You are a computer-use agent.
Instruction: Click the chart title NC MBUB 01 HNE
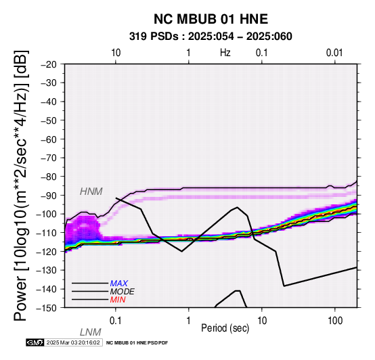(x=211, y=19)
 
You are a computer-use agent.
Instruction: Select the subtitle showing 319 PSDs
(x=211, y=37)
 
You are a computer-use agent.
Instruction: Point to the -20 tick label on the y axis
(x=49, y=64)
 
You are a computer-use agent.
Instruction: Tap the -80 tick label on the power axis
(x=49, y=177)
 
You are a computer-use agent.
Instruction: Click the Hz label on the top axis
(x=225, y=53)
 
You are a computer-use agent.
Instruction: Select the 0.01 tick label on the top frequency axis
(x=334, y=53)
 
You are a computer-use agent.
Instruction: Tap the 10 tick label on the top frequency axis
(x=116, y=53)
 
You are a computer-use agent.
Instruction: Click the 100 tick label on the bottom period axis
(x=335, y=321)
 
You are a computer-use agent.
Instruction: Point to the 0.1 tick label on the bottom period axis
(x=116, y=321)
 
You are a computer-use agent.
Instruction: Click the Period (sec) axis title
(x=225, y=328)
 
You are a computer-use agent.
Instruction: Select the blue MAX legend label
(x=118, y=284)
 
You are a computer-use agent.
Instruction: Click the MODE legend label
(x=122, y=292)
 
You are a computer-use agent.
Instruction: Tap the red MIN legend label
(x=118, y=300)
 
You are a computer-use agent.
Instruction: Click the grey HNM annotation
(x=91, y=192)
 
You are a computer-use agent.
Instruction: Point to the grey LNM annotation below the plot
(x=91, y=332)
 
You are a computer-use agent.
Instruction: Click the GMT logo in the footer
(x=35, y=342)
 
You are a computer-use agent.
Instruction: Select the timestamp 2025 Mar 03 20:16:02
(x=73, y=342)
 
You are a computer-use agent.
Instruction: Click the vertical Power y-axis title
(x=21, y=185)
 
